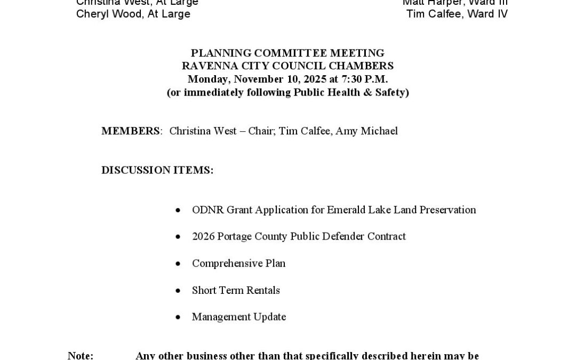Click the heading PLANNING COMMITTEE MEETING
click(287, 53)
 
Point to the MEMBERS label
click(131, 131)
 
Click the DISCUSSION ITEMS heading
click(157, 170)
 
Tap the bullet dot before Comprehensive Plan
click(178, 264)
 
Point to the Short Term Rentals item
click(236, 290)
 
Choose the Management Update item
click(239, 317)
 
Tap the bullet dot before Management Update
click(178, 317)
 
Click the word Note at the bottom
click(80, 355)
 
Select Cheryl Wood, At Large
click(133, 14)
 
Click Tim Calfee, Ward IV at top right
click(457, 14)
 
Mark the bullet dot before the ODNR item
click(178, 210)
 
